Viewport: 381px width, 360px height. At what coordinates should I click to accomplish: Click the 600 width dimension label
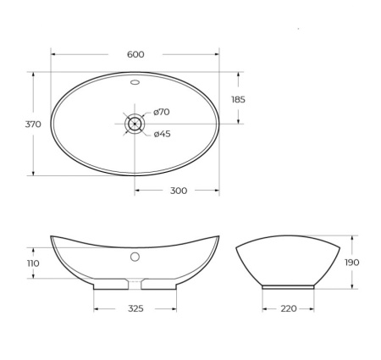tap(135, 54)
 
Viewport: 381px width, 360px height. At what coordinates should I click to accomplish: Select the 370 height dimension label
tap(33, 124)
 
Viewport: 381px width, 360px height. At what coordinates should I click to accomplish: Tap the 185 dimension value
tap(239, 99)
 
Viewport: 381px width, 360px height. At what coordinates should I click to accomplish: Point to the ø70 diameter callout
tap(162, 113)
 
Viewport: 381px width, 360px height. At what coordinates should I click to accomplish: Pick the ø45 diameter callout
tap(162, 134)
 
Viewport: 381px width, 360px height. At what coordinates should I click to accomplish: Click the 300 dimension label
tap(178, 191)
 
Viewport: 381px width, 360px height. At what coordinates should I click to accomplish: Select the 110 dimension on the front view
tap(33, 263)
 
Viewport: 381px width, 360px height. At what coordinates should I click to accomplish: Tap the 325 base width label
tap(135, 308)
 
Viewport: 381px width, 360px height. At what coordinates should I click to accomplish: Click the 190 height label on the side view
tap(351, 263)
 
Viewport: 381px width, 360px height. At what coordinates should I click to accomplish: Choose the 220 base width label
tap(288, 308)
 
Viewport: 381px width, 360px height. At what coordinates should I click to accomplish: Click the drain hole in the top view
tap(135, 124)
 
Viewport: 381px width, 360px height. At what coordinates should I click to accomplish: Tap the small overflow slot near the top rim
tap(135, 83)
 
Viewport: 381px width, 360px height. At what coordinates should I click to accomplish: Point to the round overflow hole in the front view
tap(135, 256)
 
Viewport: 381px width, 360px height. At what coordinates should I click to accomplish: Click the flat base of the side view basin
tap(288, 286)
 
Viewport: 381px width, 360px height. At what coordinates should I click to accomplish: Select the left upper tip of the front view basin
tap(52, 236)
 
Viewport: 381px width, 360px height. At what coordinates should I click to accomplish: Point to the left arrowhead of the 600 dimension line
tap(53, 54)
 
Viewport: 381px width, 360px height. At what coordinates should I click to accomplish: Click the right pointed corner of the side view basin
tap(340, 246)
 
